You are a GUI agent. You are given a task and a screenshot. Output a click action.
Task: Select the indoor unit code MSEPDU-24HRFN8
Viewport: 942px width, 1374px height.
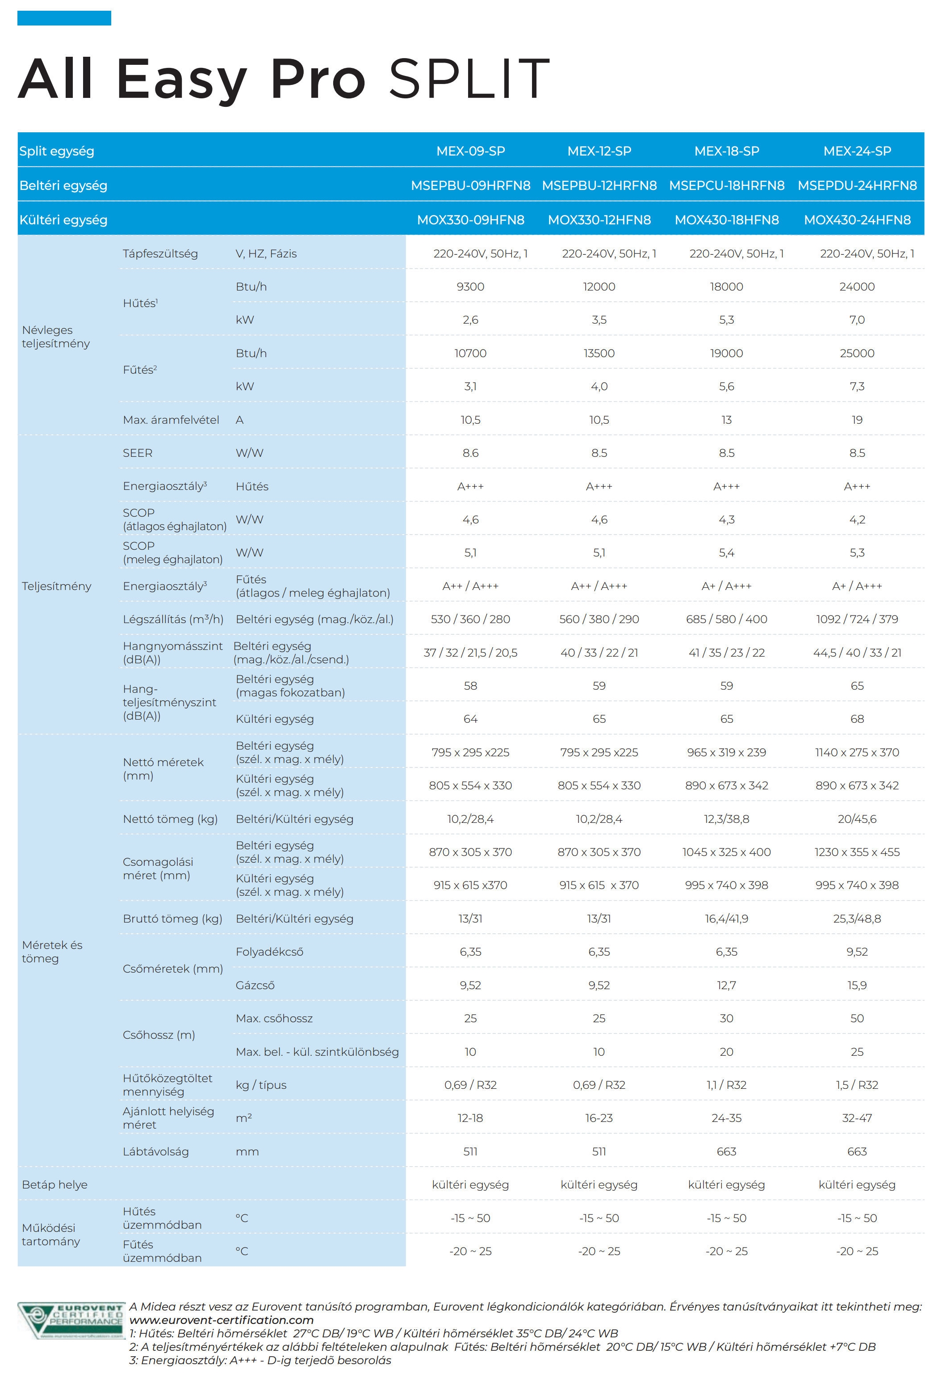click(857, 185)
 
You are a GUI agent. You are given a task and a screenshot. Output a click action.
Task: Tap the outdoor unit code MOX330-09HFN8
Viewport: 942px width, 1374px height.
click(470, 219)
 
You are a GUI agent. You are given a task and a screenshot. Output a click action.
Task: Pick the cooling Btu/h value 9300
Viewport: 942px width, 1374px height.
click(470, 287)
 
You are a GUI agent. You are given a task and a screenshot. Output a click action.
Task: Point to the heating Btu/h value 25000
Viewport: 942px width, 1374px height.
click(857, 353)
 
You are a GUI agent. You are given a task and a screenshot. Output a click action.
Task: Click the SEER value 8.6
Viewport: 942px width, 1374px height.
click(470, 453)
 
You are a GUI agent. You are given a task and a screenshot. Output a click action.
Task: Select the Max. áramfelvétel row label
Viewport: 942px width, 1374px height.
click(171, 420)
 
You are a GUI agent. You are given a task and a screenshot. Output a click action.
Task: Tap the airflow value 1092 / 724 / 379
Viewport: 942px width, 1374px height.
click(857, 619)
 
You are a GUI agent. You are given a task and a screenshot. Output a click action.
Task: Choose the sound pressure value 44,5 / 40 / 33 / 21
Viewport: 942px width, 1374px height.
click(857, 653)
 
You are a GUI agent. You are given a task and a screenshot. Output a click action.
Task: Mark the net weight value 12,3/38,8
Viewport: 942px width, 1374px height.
click(726, 819)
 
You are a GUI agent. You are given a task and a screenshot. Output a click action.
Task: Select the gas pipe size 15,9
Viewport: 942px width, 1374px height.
click(857, 985)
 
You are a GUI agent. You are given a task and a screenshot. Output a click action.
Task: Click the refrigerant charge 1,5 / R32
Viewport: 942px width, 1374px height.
click(857, 1085)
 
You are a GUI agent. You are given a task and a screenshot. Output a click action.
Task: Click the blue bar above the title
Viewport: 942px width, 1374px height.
click(64, 18)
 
